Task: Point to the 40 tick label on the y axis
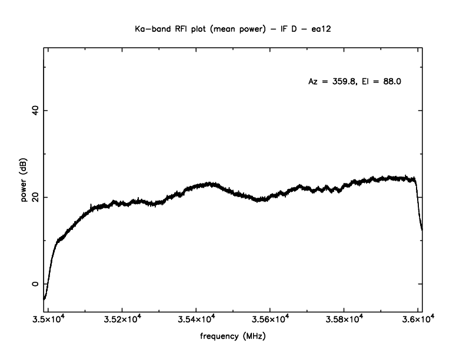pos(34,110)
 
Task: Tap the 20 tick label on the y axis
pos(34,197)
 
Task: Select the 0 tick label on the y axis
pos(34,284)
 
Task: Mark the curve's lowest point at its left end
pos(44,299)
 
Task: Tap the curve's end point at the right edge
pos(422,229)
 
